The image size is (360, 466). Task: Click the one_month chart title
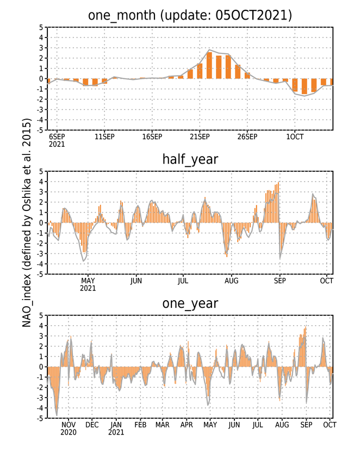click(x=190, y=15)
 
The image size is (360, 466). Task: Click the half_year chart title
click(x=190, y=159)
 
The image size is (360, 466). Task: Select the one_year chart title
click(x=190, y=303)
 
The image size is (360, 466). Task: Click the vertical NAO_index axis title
click(x=27, y=222)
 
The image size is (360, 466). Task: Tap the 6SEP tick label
click(x=57, y=136)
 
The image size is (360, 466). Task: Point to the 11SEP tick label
click(x=104, y=136)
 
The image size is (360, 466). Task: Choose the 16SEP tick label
click(x=152, y=136)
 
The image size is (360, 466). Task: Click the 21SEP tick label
click(x=200, y=136)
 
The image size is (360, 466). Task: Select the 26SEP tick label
click(x=247, y=136)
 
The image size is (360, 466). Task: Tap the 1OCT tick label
click(x=295, y=136)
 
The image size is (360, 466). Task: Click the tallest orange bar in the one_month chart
click(x=209, y=65)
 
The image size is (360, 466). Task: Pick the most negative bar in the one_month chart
click(x=305, y=86)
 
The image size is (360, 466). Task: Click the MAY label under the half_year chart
click(x=88, y=281)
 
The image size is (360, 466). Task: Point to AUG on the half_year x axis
click(x=231, y=281)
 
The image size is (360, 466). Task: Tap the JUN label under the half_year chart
click(x=136, y=281)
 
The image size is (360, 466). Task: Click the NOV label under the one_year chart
click(x=69, y=425)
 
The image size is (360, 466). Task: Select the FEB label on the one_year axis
click(x=140, y=425)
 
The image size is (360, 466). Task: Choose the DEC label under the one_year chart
click(x=92, y=425)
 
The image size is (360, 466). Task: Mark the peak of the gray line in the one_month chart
click(x=209, y=49)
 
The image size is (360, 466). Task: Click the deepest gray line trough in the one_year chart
click(x=57, y=415)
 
